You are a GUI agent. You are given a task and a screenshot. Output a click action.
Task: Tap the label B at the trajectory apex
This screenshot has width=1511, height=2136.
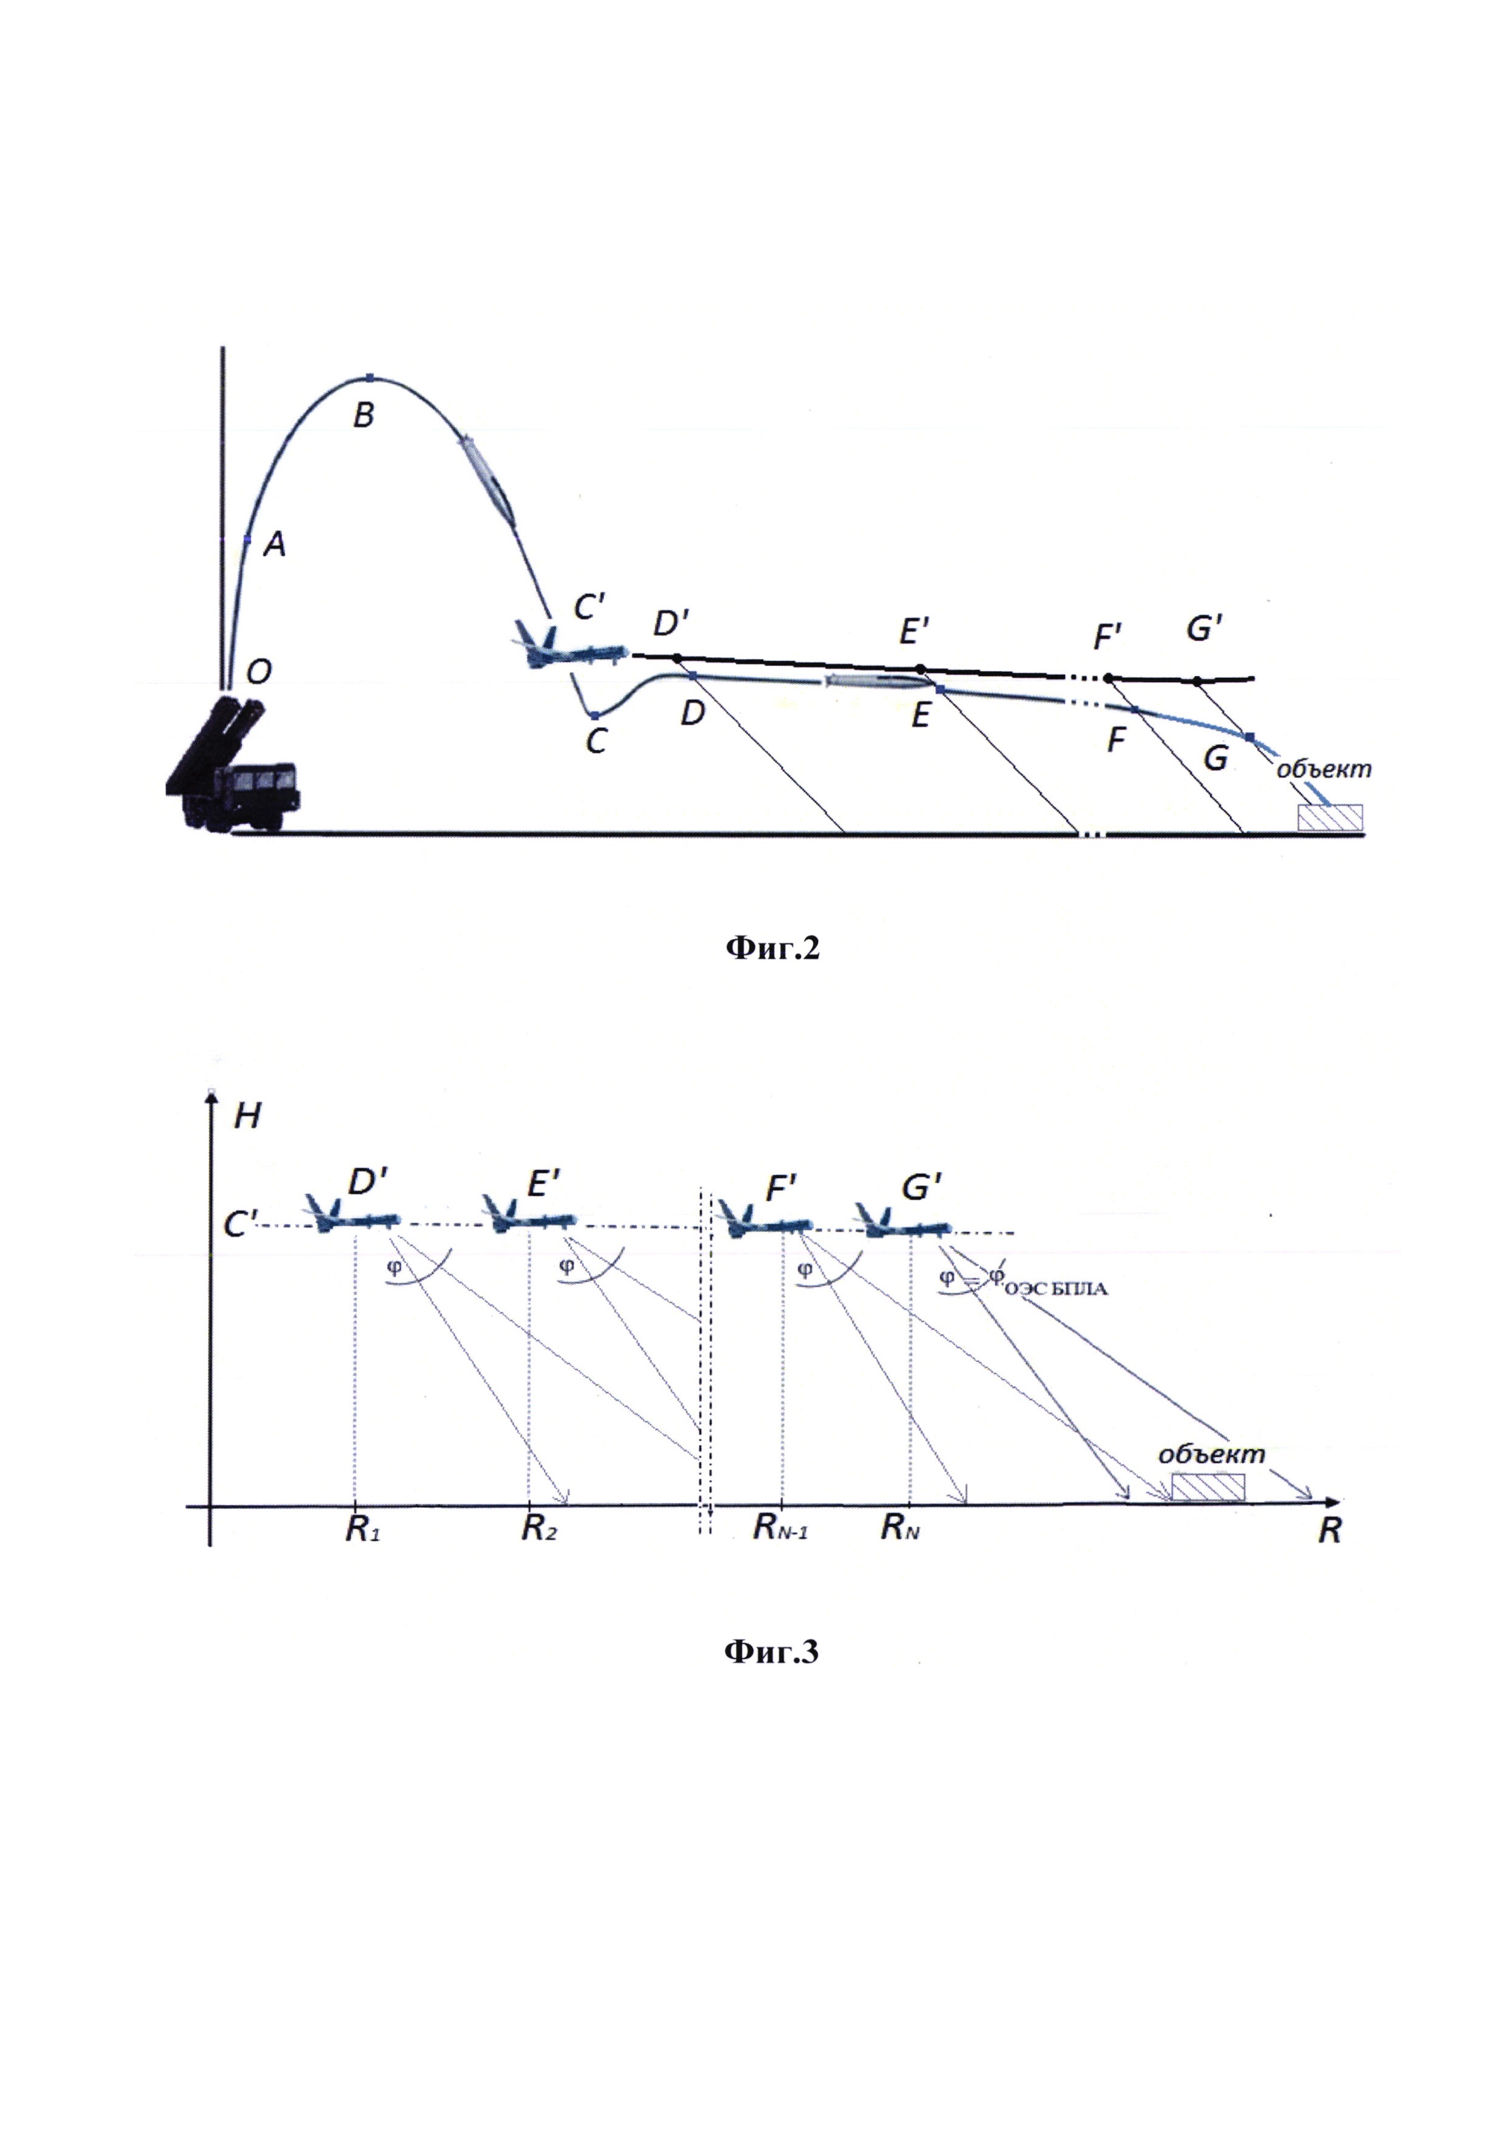click(x=364, y=415)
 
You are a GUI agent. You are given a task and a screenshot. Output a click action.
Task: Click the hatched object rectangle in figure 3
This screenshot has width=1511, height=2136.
click(x=1208, y=1487)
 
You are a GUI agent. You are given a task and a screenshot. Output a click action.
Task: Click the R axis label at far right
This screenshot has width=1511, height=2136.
click(x=1329, y=1531)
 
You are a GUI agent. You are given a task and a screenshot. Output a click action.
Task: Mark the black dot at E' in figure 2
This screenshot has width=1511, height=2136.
click(x=920, y=669)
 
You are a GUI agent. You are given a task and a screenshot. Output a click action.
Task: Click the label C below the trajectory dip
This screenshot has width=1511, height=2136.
click(x=596, y=741)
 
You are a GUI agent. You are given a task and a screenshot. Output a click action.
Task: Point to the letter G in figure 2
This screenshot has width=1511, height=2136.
click(x=1215, y=759)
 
